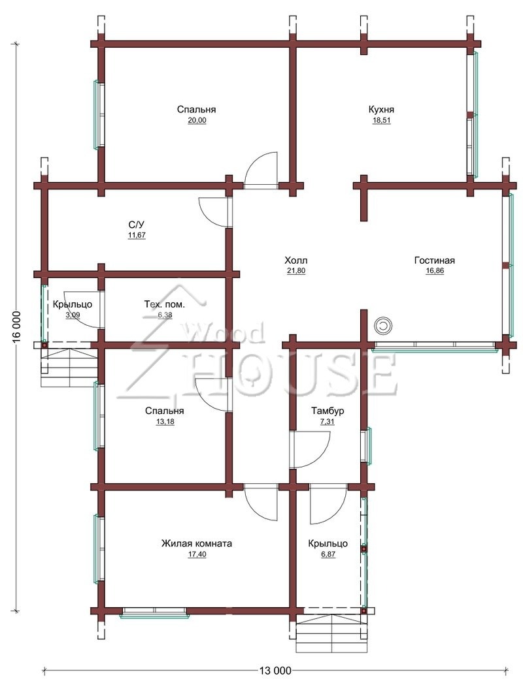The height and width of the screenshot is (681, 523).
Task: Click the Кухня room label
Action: point(381,109)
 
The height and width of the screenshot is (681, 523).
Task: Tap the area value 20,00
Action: point(197,121)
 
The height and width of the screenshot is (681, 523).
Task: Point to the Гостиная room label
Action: point(434,261)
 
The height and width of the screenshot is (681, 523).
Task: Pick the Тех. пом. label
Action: point(164,304)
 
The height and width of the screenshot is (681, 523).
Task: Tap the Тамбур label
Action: point(328,411)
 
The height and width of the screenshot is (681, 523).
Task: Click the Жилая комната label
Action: point(197,543)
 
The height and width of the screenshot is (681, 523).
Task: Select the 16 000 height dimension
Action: point(16,326)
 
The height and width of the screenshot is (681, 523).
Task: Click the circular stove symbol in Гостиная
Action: point(383,326)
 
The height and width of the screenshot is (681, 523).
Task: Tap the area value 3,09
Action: point(73,315)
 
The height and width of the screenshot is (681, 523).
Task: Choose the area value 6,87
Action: point(328,554)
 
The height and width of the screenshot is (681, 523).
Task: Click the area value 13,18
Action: point(165,422)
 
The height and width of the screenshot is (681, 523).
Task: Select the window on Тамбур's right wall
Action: point(368,445)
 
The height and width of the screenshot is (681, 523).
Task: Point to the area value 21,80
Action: point(295,270)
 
